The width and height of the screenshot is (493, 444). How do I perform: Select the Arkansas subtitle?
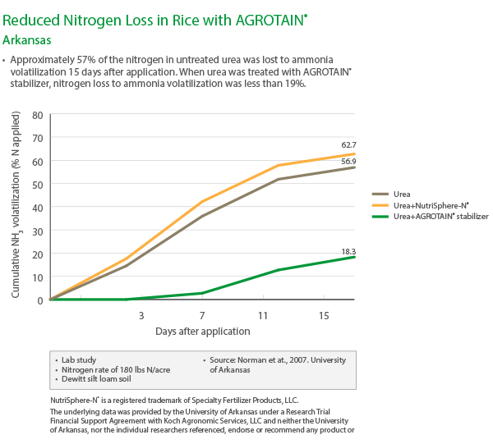coord(30,38)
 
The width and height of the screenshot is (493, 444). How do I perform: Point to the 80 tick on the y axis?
coord(36,115)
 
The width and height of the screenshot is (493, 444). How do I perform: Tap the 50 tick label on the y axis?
coord(36,185)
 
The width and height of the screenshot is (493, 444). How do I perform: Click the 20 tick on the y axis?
coord(36,254)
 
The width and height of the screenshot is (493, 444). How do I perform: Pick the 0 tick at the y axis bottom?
coord(39,300)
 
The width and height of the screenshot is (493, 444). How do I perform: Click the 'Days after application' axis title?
coord(203,331)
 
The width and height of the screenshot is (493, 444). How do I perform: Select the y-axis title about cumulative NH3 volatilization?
coord(16,207)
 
